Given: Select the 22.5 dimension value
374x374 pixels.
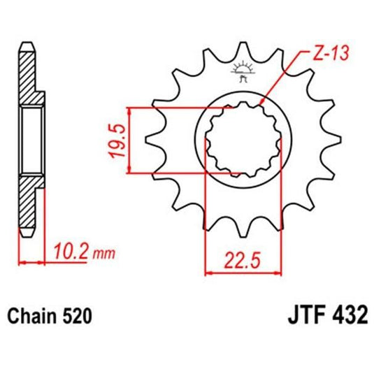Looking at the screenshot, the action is pyautogui.click(x=242, y=260).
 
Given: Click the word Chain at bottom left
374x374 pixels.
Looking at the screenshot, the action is pyautogui.click(x=31, y=315).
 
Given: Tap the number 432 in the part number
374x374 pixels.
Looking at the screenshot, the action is pyautogui.click(x=350, y=315).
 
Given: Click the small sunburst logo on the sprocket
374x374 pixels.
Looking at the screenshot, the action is pyautogui.click(x=243, y=71).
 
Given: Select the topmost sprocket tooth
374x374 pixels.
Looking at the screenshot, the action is pyautogui.click(x=243, y=50).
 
